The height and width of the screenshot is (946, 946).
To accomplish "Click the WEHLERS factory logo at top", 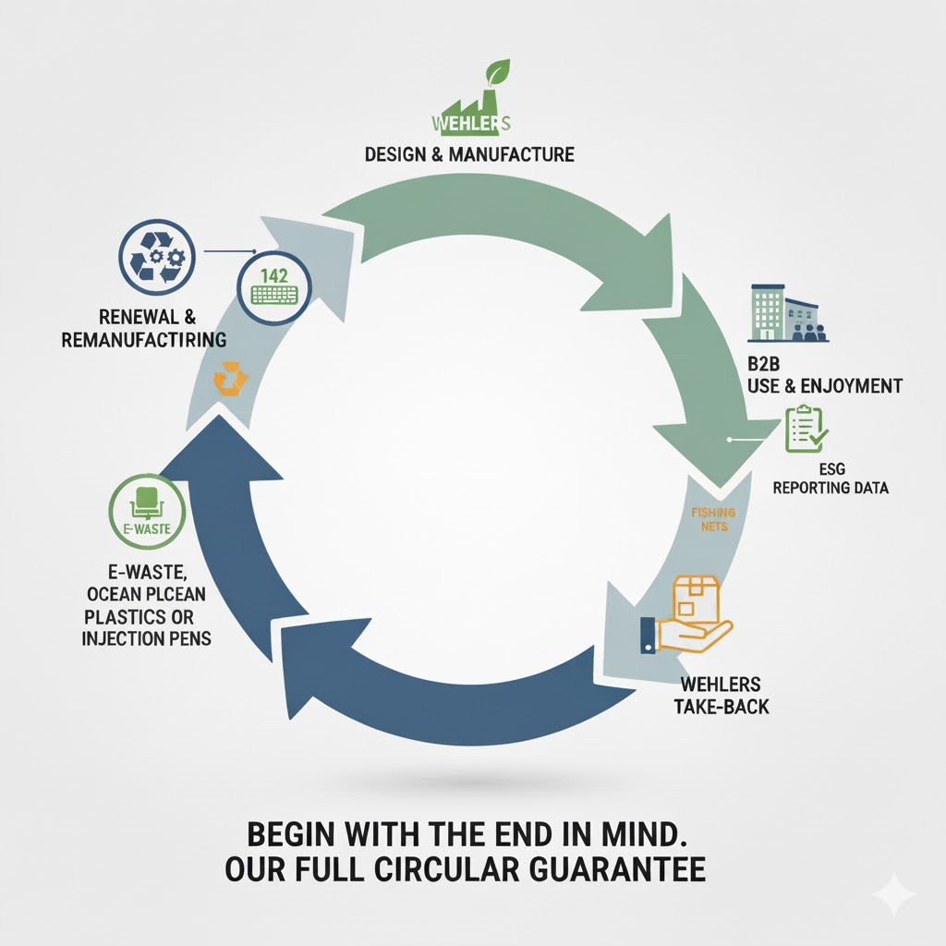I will click(471, 115).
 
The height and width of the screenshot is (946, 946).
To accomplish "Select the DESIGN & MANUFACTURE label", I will click(469, 154).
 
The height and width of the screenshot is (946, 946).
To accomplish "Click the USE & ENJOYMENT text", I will click(824, 385).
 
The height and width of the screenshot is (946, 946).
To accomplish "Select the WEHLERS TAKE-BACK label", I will click(720, 696).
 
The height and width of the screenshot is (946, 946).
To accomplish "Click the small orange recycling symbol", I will click(227, 378).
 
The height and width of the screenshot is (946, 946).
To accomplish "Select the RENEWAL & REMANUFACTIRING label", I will click(143, 327).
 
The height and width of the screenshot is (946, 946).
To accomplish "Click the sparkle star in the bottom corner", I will click(893, 894).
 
